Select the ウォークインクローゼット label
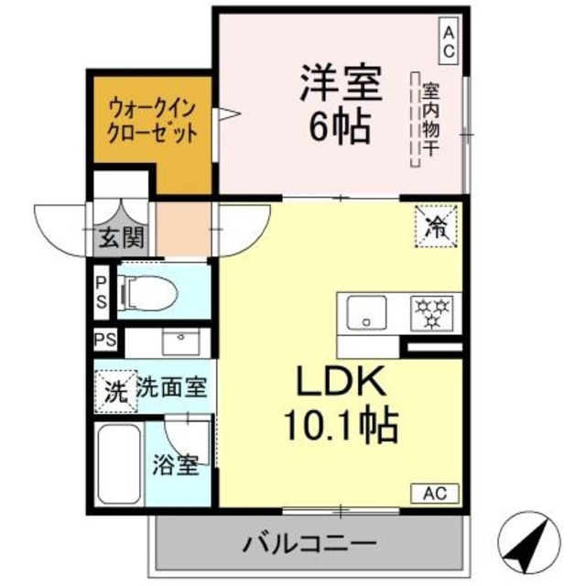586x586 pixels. point(151,118)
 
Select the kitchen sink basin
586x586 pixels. point(368,313)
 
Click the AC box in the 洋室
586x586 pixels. point(449,41)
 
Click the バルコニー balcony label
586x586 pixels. point(309,544)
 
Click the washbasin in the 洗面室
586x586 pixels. point(181,342)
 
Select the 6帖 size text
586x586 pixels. point(339,126)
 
